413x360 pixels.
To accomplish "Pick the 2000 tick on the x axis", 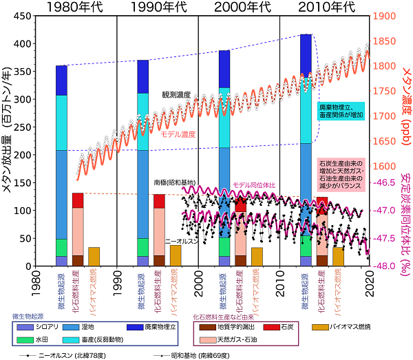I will click(198, 274).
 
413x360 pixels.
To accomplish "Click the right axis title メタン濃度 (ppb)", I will click(404, 90).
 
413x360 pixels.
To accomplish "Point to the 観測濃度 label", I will click(176, 94).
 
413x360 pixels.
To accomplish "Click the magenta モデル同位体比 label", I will click(254, 185).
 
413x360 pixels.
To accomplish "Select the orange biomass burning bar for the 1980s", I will click(94, 257).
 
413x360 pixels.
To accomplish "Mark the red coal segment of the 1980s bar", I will click(78, 200).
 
